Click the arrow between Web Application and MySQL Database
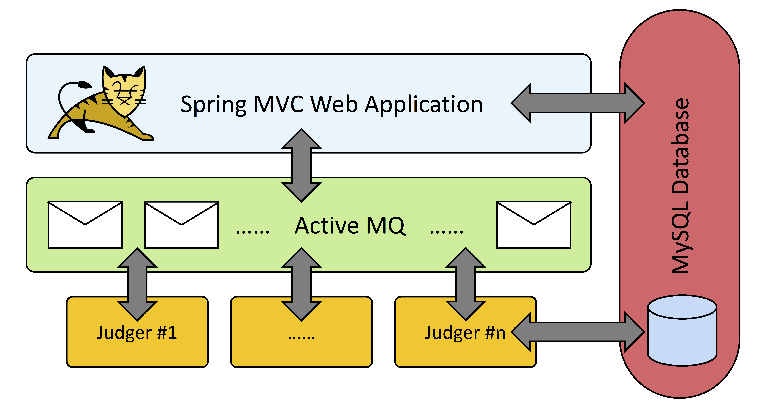point(577,103)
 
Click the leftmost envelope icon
point(85,225)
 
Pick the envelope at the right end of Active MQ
point(534,225)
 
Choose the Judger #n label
point(465,333)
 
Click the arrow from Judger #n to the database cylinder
point(577,332)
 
